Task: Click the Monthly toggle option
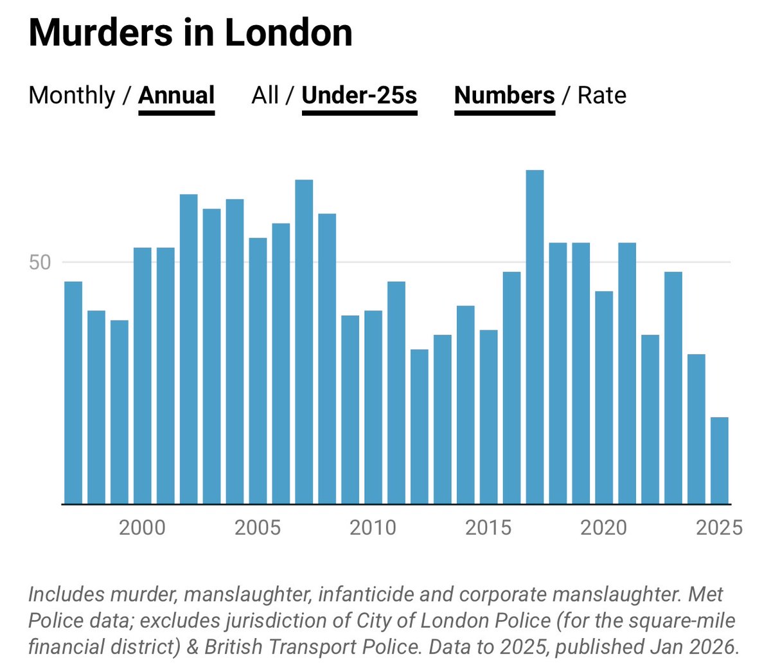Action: point(72,96)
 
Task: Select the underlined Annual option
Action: point(176,96)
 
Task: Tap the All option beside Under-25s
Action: point(265,96)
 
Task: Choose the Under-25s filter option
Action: point(359,96)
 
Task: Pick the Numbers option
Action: point(504,96)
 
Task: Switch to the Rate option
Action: point(601,96)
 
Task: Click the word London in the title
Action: point(288,33)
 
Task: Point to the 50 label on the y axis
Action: point(40,263)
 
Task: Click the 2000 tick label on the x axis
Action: point(142,528)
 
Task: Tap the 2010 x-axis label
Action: point(373,528)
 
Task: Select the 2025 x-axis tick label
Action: point(719,528)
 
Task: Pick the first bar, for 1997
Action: point(73,393)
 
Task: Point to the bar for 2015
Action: point(488,417)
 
